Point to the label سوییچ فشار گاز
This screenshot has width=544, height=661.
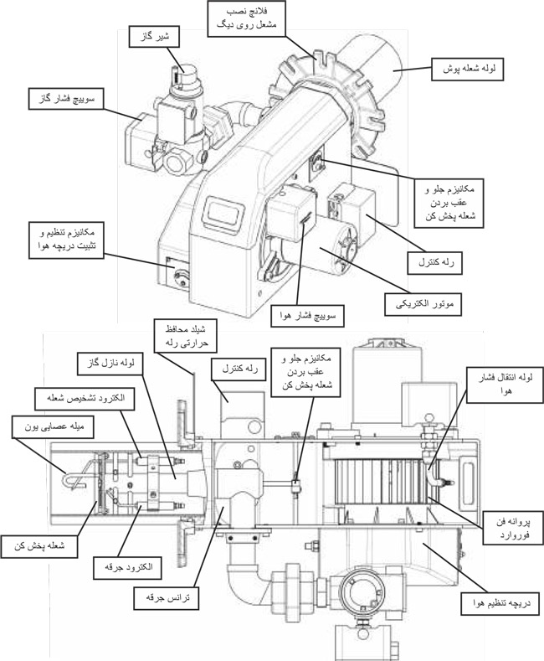[61, 99]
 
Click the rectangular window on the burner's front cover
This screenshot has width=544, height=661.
[223, 208]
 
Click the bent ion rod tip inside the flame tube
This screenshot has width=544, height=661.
[73, 478]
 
